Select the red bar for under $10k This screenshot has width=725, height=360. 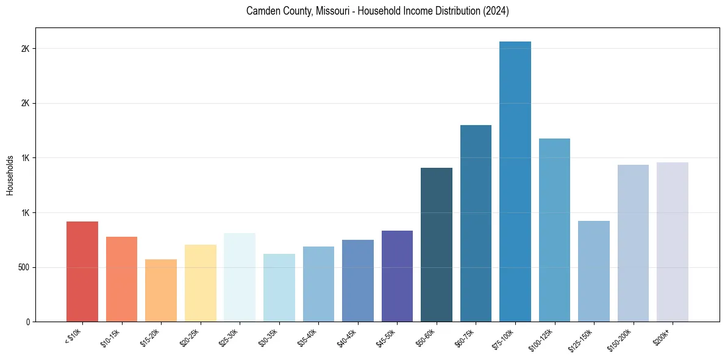(x=82, y=272)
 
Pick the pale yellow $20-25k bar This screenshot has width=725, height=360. (x=201, y=283)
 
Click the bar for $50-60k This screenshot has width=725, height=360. (x=437, y=245)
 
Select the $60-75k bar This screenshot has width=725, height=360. (x=476, y=223)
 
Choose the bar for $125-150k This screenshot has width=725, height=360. (x=594, y=271)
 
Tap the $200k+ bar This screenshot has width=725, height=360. (x=673, y=242)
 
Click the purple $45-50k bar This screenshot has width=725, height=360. (x=397, y=276)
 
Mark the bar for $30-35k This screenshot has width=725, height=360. (x=279, y=287)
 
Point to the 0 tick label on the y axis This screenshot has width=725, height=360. (x=28, y=322)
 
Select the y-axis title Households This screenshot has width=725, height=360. (x=10, y=175)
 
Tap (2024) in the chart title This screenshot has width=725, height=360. (x=496, y=11)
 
